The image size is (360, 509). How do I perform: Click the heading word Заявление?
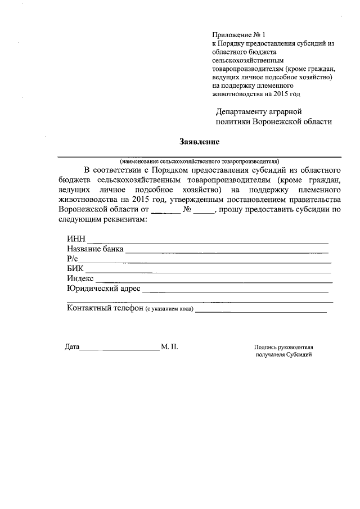(199, 141)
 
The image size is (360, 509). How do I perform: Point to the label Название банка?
(94, 250)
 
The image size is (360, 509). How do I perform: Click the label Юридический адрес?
(103, 289)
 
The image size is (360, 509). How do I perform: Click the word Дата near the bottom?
(72, 347)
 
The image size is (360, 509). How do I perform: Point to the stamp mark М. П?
(169, 347)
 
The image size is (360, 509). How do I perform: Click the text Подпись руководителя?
(283, 348)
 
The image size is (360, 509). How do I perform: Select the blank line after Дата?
(119, 350)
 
